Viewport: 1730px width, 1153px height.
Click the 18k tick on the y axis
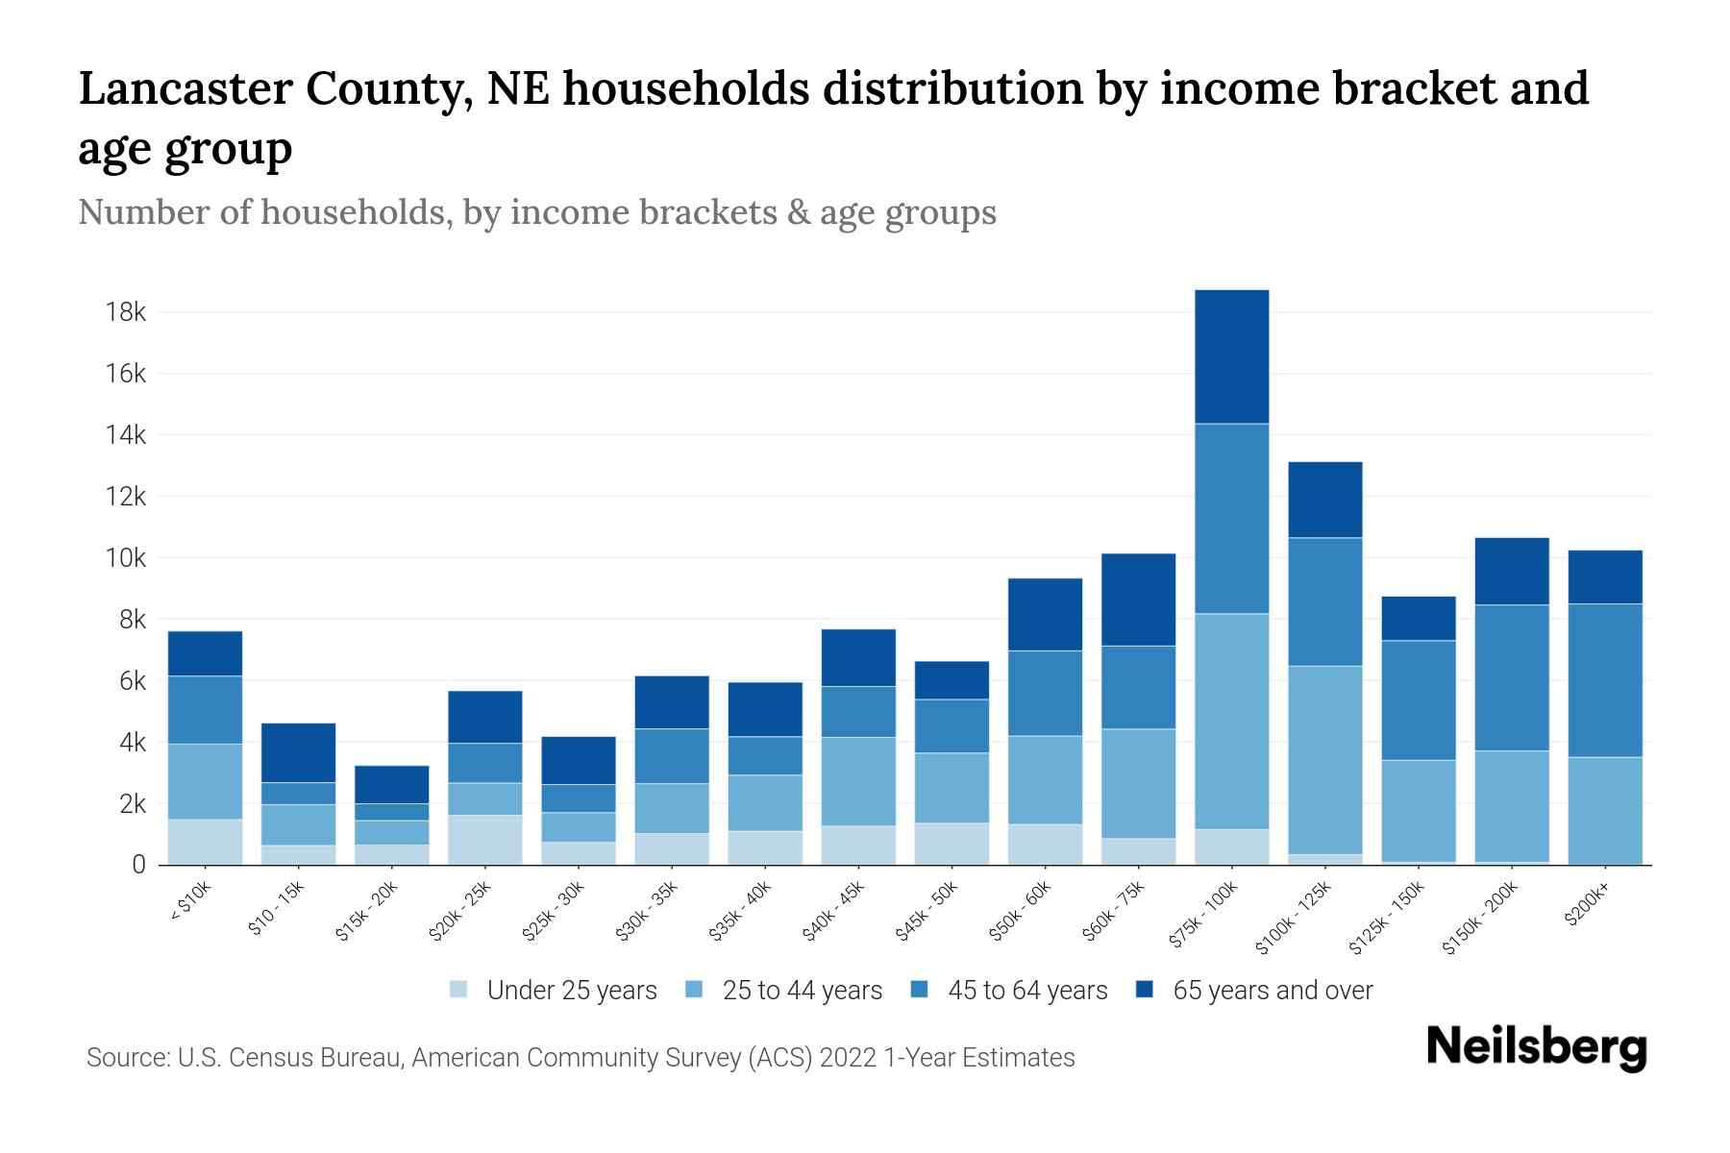click(126, 312)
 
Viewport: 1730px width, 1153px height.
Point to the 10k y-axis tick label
click(126, 558)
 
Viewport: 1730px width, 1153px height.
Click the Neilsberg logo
click(1537, 1046)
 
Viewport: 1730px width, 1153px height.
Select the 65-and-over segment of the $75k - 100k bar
click(1231, 356)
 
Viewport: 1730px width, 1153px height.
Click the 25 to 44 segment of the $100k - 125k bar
click(1325, 759)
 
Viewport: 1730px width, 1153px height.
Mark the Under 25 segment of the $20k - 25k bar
click(485, 840)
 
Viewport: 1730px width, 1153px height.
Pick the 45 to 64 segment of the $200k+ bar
click(1605, 680)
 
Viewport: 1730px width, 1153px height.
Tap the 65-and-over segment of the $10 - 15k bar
click(298, 752)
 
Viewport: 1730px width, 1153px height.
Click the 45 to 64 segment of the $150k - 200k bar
click(1512, 677)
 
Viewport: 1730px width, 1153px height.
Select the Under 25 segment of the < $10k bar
click(205, 842)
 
